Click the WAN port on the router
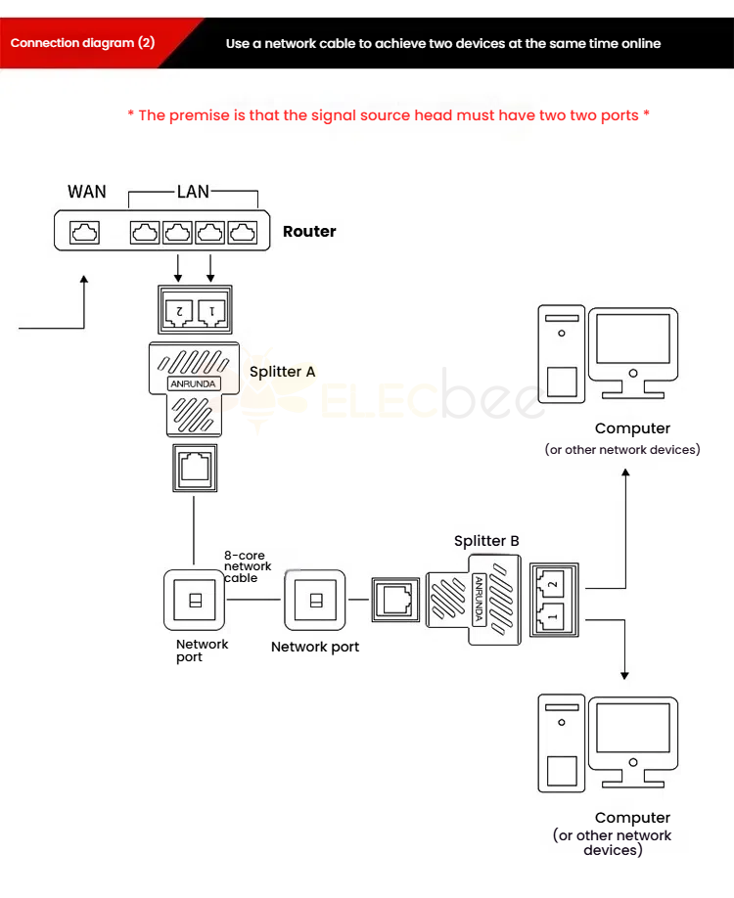click(x=84, y=233)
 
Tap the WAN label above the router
click(x=87, y=192)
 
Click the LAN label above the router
click(x=193, y=192)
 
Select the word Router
click(x=309, y=232)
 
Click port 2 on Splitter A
click(x=179, y=312)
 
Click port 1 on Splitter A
click(x=212, y=312)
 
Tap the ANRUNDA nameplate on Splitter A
click(x=194, y=383)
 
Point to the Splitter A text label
click(x=283, y=372)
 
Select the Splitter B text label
click(x=486, y=541)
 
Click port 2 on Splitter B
click(x=551, y=584)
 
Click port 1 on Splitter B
click(x=551, y=616)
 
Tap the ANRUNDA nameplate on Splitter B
click(x=479, y=600)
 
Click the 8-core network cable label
click(x=248, y=566)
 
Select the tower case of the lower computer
click(x=562, y=743)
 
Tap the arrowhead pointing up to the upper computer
click(x=625, y=473)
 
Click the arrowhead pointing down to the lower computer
click(x=624, y=675)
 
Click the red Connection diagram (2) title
click(x=82, y=43)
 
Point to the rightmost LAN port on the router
click(x=243, y=233)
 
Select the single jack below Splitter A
click(x=195, y=468)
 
